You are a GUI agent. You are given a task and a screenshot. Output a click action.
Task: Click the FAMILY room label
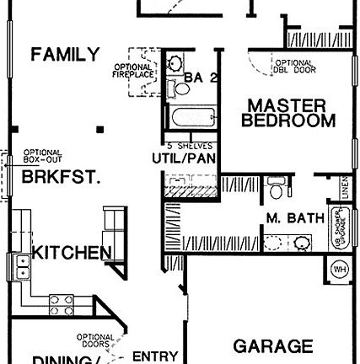65,56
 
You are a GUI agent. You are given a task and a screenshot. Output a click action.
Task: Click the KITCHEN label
72,252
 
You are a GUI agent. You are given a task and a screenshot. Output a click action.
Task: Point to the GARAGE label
272,346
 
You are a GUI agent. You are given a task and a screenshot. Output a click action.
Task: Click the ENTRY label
155,356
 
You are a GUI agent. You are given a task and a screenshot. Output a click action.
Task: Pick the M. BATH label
295,218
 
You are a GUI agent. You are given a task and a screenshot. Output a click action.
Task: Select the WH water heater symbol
341,270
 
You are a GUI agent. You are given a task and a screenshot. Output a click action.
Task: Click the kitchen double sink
22,268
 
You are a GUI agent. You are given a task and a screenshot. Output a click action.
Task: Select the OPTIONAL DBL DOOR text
292,66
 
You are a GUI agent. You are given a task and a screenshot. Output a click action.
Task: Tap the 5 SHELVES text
183,143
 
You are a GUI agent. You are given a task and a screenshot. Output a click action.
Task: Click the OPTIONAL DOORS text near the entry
95,340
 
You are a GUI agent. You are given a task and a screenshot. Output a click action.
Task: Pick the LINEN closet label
345,190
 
